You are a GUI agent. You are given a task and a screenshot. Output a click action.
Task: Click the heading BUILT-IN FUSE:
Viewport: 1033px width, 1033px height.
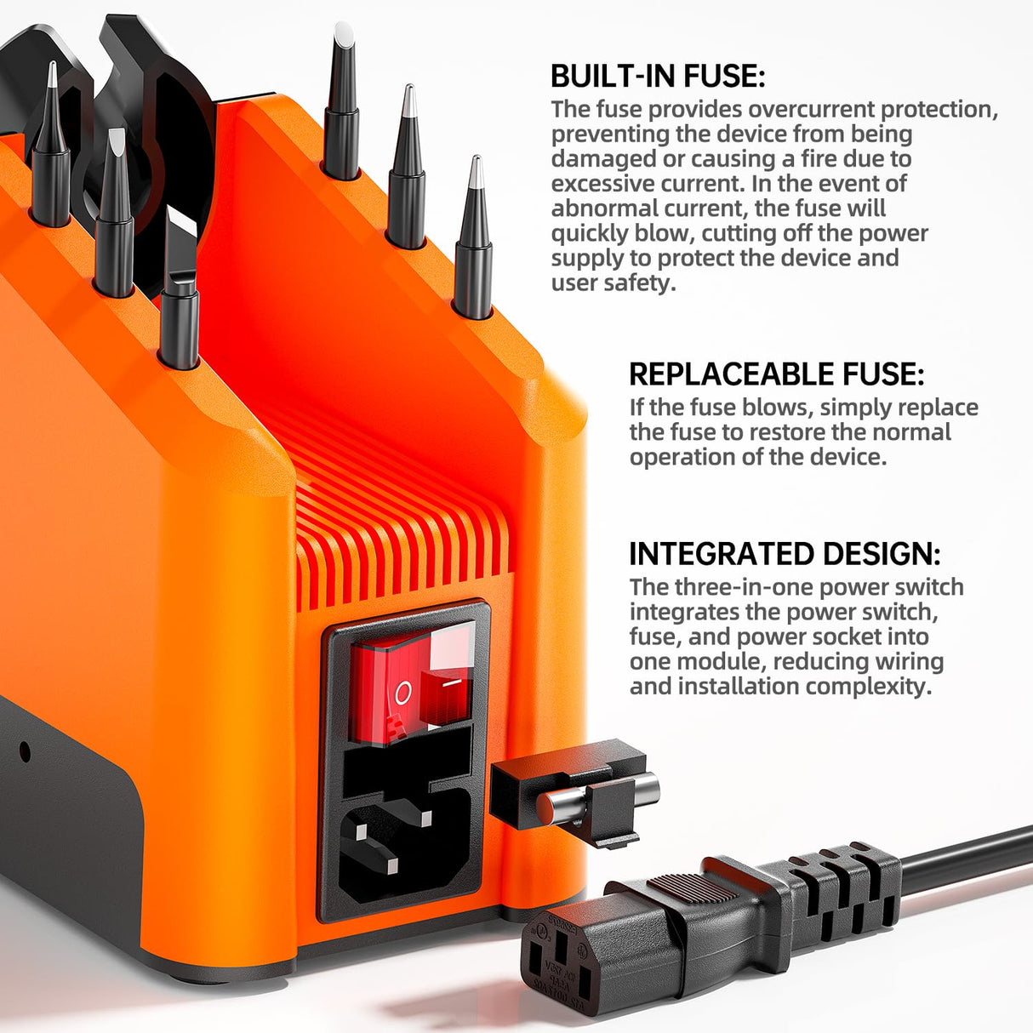(x=658, y=77)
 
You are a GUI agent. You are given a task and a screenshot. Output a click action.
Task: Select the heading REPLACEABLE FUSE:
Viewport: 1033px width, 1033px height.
(x=776, y=374)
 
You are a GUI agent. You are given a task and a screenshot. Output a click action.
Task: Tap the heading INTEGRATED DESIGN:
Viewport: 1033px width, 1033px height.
(x=785, y=554)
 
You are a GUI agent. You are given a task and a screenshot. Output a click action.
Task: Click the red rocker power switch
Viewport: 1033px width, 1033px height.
(x=412, y=681)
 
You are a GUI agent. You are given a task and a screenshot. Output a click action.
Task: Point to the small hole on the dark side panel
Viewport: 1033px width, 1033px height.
(x=25, y=751)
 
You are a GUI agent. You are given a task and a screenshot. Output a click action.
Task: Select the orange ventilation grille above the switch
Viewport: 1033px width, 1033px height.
(x=400, y=545)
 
